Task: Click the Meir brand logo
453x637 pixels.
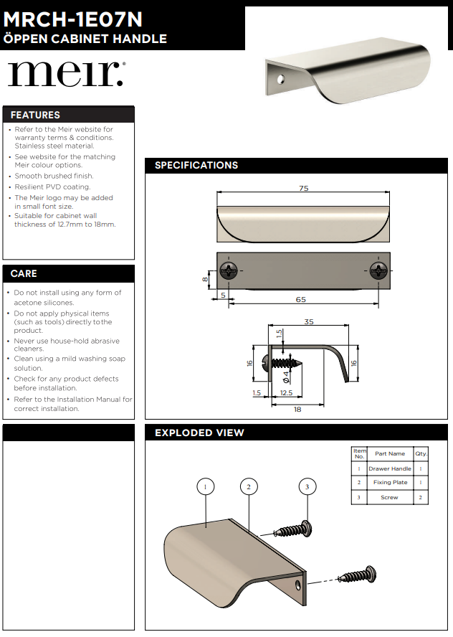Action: click(x=67, y=74)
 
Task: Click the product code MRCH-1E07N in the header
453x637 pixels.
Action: click(x=72, y=19)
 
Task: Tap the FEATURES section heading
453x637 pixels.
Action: click(x=35, y=115)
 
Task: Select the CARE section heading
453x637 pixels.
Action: click(x=24, y=273)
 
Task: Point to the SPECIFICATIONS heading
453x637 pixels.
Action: click(x=196, y=165)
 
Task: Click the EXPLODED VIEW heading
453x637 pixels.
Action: click(x=199, y=433)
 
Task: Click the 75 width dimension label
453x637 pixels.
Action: click(x=304, y=188)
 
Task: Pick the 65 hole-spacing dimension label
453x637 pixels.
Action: click(x=301, y=299)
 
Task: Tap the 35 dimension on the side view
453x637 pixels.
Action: click(x=309, y=321)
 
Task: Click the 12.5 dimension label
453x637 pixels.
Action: click(x=286, y=393)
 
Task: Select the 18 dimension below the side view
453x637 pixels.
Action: click(x=297, y=409)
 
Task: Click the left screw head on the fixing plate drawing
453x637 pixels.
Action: click(x=229, y=270)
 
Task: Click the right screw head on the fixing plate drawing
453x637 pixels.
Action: click(x=378, y=270)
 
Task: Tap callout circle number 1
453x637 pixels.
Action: click(x=206, y=486)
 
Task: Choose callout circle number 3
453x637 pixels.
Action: click(x=307, y=486)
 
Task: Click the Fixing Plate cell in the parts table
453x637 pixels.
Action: click(x=390, y=482)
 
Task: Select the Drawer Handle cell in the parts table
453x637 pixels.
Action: click(x=390, y=468)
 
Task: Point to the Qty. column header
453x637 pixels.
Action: click(x=421, y=453)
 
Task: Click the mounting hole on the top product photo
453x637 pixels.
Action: click(x=280, y=78)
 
